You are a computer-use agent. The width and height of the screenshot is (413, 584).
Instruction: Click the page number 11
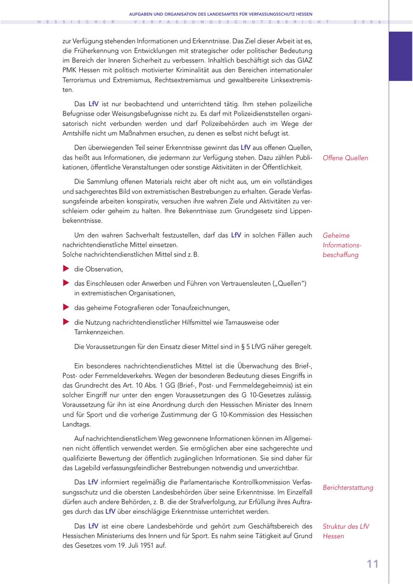(373, 564)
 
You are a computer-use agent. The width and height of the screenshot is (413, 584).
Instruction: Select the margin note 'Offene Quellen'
(345, 158)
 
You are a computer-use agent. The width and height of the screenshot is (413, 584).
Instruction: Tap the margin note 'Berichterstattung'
(348, 488)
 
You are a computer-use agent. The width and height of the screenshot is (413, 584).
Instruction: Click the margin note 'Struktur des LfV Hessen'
(346, 531)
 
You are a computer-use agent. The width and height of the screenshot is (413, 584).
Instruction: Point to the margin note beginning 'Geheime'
(342, 245)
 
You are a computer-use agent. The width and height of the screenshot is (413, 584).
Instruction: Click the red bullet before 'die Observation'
(66, 269)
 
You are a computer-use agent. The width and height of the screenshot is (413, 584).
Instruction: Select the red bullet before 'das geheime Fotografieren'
(66, 308)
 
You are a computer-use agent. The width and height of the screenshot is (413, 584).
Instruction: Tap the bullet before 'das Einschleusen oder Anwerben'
(66, 283)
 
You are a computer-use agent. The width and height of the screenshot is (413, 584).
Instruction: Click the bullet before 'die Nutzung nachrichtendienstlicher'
(66, 322)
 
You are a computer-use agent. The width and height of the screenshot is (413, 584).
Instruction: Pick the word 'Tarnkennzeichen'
(99, 332)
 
